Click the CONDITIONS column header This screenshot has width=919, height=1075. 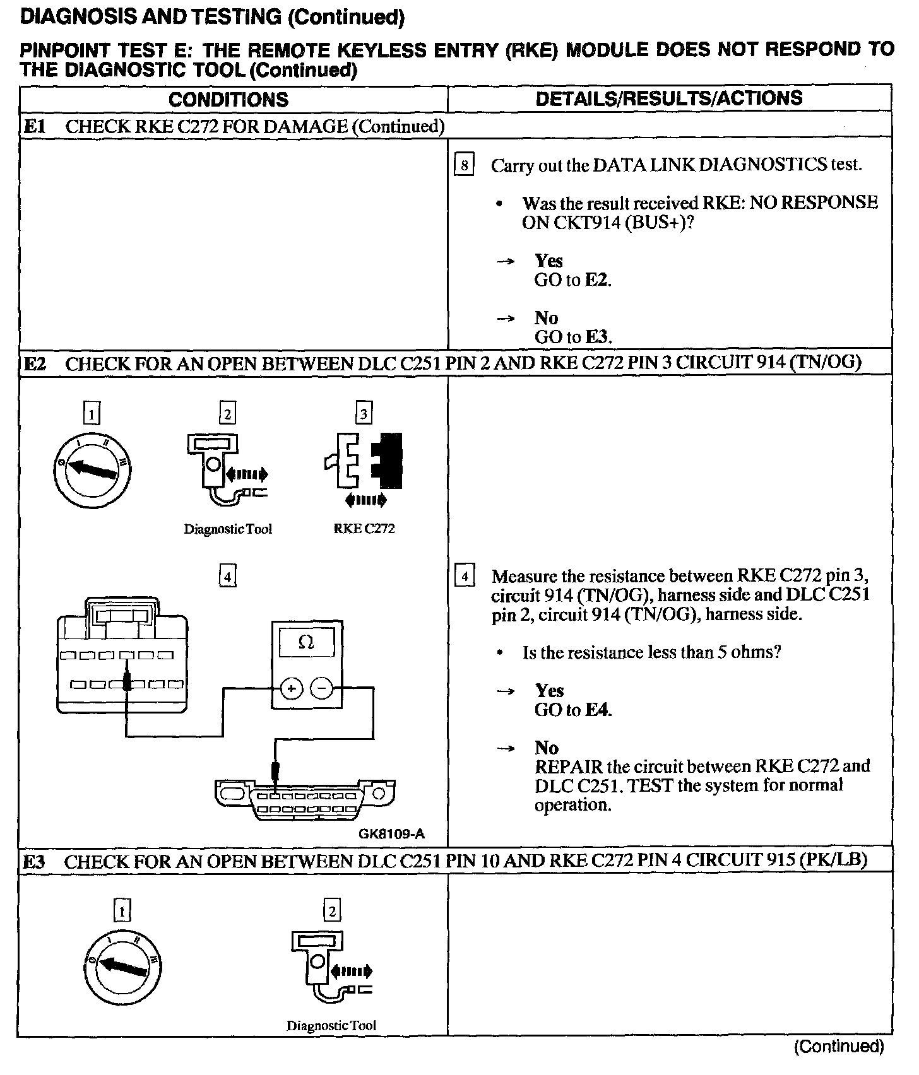[228, 100]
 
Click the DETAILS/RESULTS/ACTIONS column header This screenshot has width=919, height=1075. [669, 98]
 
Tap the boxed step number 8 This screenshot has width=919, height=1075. [464, 165]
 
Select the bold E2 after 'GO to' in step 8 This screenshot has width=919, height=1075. [596, 280]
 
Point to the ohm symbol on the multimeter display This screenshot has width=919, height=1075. [306, 643]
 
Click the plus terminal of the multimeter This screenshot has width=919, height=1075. [292, 689]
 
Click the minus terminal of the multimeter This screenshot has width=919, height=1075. [323, 689]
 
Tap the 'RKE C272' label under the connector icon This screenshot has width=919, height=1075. [364, 529]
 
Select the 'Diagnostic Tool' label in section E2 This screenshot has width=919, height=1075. [228, 529]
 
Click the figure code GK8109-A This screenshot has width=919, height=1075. [392, 833]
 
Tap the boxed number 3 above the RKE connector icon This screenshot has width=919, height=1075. [364, 414]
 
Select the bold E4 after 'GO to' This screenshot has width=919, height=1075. [597, 710]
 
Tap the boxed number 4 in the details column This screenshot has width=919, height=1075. [465, 577]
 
